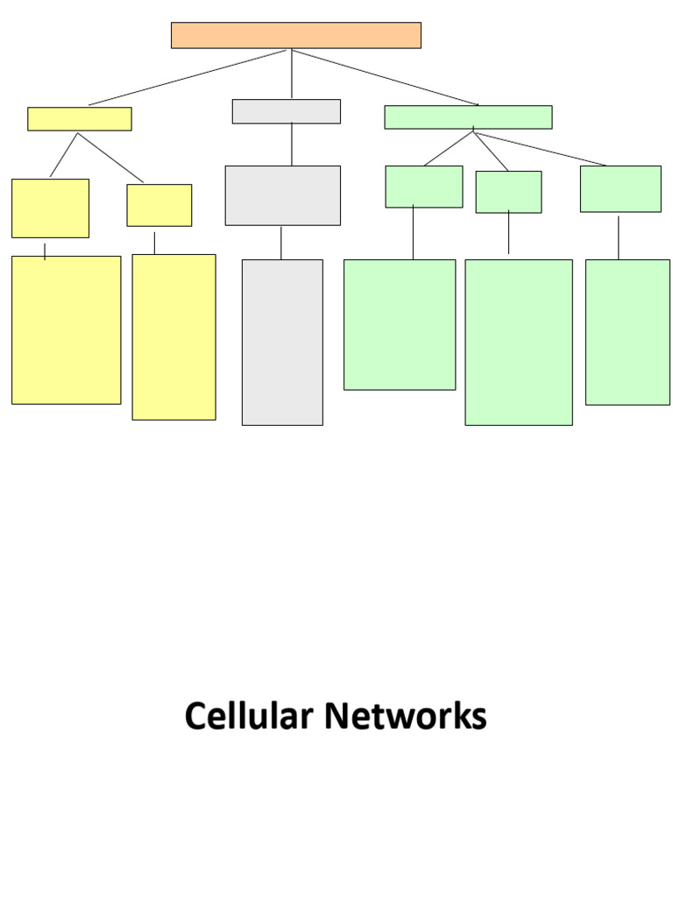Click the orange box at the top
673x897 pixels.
point(295,35)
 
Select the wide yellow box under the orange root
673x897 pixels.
point(79,119)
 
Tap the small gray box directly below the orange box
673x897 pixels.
point(286,111)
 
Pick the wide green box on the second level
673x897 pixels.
point(468,117)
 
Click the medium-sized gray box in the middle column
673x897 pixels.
point(282,195)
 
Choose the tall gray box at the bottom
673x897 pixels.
point(282,342)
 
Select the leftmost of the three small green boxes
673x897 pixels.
point(423,187)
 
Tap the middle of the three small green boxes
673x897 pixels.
point(508,192)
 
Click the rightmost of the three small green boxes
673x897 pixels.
point(620,188)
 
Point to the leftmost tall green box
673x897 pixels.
point(399,324)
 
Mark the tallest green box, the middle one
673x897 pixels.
point(518,342)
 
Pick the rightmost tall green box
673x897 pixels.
point(627,332)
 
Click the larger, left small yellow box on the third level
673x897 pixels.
point(50,208)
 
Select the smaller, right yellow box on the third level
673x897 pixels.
point(159,205)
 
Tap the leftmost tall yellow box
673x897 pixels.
point(66,329)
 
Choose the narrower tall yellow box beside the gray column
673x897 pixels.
point(174,336)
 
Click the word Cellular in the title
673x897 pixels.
point(248,717)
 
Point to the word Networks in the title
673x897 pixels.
point(406,717)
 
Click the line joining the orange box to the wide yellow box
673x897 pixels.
point(188,77)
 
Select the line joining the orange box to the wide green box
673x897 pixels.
point(386,77)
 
